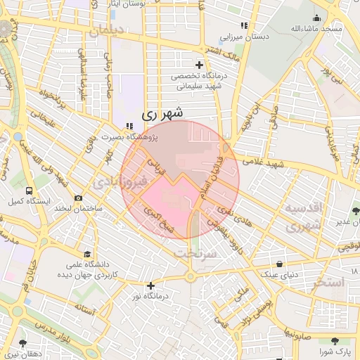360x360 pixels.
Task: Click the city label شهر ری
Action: [162, 112]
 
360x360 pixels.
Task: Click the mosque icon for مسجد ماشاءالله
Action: [317, 18]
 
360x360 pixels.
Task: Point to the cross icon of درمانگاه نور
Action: [150, 285]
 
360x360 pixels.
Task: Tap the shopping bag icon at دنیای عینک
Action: [281, 264]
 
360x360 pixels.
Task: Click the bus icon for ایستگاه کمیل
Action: [28, 191]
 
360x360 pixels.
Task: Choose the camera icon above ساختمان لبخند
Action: [79, 198]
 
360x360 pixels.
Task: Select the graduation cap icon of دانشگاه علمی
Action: [87, 254]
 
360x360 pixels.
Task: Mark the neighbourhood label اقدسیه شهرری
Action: [304, 218]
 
